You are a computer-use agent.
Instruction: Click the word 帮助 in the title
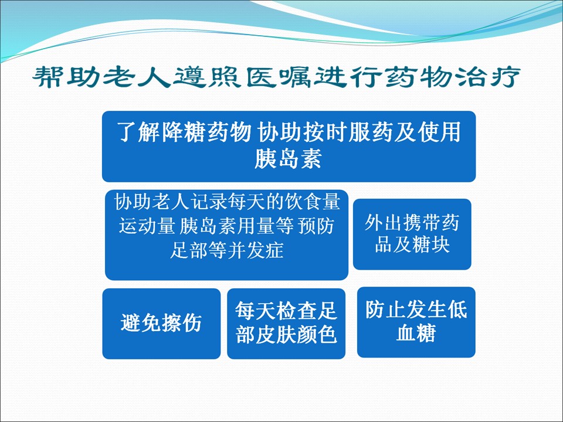(66, 76)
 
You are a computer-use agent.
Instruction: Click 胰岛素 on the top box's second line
(288, 158)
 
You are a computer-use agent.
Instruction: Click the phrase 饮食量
(312, 202)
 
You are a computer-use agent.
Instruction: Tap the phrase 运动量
(147, 226)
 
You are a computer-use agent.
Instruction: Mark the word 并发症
(256, 250)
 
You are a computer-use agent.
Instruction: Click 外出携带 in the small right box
(412, 223)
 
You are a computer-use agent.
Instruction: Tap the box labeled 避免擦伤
(161, 324)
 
